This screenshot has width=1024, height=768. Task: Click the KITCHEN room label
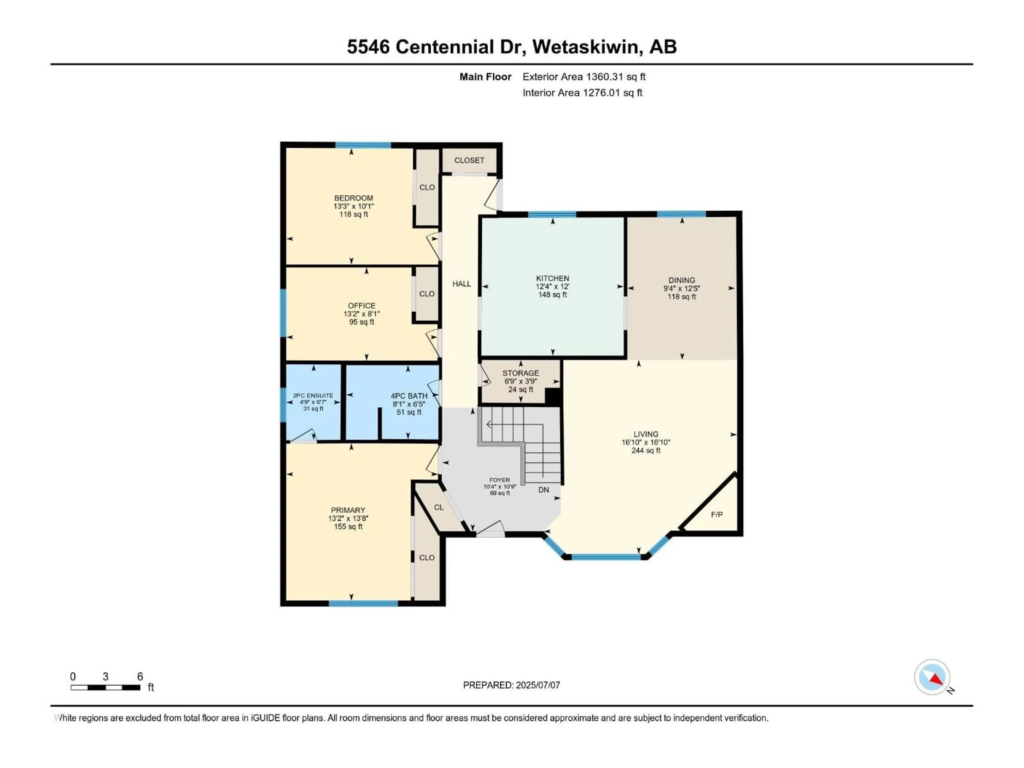(552, 278)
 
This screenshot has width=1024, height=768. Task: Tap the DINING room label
(681, 280)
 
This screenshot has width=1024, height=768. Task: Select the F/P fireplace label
(717, 514)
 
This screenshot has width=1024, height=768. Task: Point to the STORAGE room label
(520, 373)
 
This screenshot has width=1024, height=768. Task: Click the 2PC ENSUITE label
(313, 395)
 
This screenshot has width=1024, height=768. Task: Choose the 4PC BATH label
(409, 396)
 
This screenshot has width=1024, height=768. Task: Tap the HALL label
(462, 284)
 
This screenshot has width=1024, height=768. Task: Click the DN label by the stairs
(543, 490)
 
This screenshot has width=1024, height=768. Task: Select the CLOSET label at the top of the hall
(469, 160)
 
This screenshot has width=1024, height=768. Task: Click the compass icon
(932, 677)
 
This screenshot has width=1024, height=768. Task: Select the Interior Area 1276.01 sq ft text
(582, 93)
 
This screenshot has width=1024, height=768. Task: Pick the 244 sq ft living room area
(646, 450)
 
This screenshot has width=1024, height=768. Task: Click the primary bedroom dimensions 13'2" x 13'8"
(348, 518)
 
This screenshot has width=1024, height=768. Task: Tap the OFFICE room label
(362, 306)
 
